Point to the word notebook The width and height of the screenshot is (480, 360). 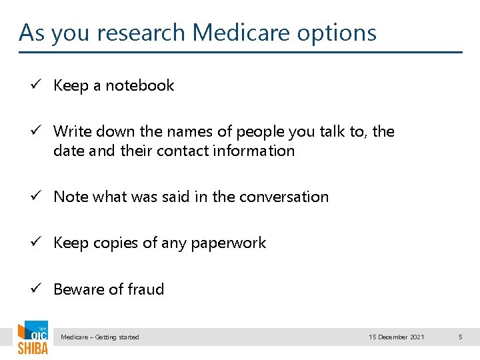click(140, 85)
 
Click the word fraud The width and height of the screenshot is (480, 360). click(146, 289)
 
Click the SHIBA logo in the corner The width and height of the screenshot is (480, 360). click(32, 338)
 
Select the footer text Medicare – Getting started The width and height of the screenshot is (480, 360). click(100, 337)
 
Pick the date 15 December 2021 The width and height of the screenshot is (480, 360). click(397, 337)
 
